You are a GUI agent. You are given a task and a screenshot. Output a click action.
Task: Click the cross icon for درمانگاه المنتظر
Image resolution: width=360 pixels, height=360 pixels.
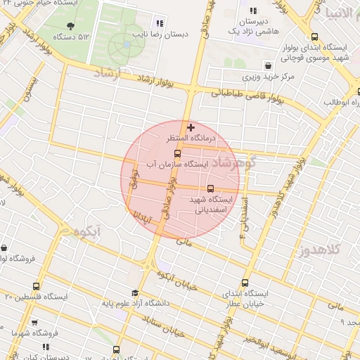[x=191, y=127]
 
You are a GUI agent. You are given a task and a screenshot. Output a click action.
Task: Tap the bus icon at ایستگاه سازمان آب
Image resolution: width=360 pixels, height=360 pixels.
[x=176, y=152]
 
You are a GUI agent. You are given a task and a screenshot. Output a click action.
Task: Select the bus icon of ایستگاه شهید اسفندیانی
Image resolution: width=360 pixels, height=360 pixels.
[x=211, y=188]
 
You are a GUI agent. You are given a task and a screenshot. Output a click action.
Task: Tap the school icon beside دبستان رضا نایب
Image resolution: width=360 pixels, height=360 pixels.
[x=160, y=22]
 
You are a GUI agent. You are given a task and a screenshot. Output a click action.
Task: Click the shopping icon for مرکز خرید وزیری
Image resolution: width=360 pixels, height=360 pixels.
[x=247, y=75]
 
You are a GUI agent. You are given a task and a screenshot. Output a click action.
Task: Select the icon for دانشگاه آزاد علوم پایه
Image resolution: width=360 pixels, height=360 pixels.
[x=134, y=294]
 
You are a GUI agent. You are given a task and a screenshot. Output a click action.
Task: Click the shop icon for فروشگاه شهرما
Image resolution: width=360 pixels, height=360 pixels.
[x=5, y=330]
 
